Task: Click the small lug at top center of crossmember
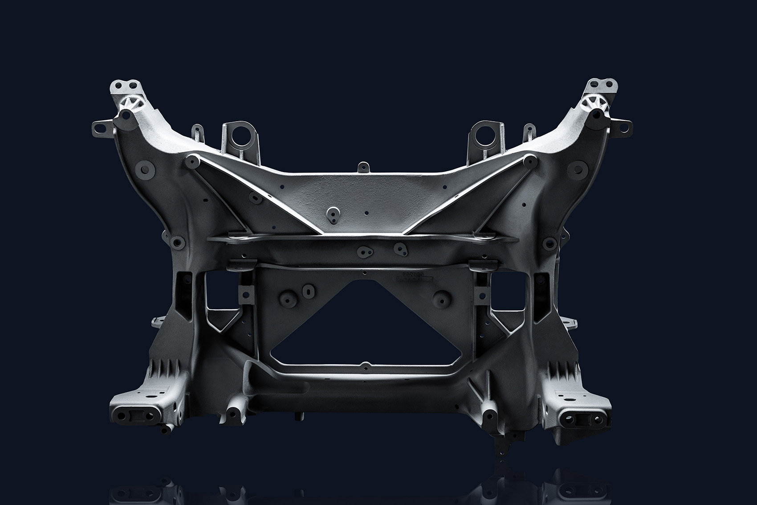(364, 168)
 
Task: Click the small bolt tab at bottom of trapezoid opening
(365, 366)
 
